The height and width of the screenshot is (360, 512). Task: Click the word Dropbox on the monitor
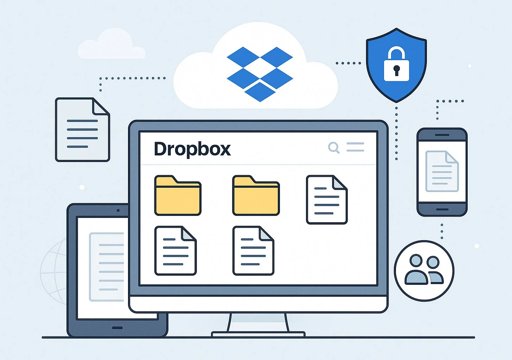point(192,149)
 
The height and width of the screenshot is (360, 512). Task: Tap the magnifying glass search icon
point(333,147)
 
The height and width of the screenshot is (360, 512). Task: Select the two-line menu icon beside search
point(355,147)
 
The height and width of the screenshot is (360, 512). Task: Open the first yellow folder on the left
point(178,196)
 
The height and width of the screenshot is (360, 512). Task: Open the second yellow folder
point(256,196)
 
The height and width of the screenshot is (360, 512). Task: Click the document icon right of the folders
point(327,200)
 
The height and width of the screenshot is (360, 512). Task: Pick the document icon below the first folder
point(175,251)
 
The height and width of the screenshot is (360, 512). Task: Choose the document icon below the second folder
point(253,251)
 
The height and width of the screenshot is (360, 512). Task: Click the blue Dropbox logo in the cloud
point(260,74)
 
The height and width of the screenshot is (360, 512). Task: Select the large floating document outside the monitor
point(82,130)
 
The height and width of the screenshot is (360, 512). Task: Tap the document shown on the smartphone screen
point(442,171)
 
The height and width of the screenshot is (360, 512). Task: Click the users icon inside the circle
point(424,270)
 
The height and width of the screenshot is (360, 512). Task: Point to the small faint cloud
point(111,46)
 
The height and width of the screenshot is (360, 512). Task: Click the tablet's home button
point(117,328)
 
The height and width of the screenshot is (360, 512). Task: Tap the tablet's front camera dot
point(118,211)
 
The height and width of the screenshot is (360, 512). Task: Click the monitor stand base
point(258,334)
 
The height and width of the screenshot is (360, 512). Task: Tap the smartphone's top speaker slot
point(442,135)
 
